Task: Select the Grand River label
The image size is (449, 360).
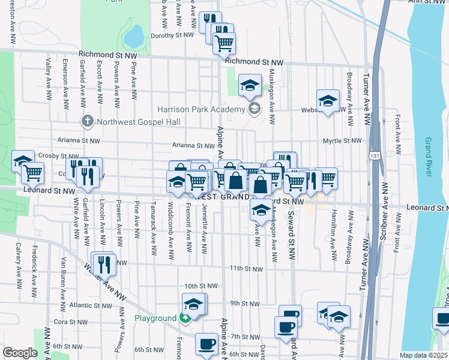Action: (427, 157)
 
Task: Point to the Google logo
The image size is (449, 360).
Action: (20, 353)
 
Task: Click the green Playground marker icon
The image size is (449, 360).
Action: (186, 318)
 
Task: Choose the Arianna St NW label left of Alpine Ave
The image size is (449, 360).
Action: (193, 145)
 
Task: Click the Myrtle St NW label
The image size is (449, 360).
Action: (343, 140)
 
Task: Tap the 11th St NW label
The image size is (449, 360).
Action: (246, 268)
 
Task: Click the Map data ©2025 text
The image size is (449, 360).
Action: (423, 355)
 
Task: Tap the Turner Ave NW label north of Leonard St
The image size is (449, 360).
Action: (366, 100)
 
